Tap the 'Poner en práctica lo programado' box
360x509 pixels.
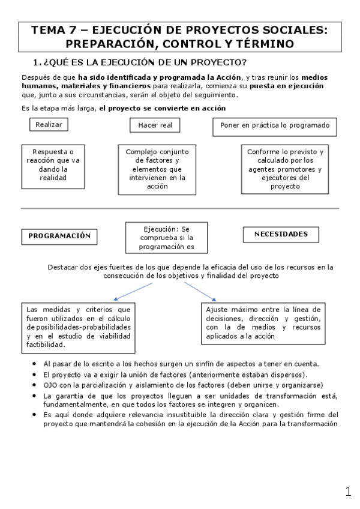click(x=274, y=125)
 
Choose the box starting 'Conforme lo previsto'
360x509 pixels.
click(x=285, y=169)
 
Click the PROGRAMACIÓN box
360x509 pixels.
click(x=59, y=236)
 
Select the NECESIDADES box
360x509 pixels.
click(x=280, y=235)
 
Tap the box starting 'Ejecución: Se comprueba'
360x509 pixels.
click(x=166, y=238)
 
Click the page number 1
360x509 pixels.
click(x=348, y=492)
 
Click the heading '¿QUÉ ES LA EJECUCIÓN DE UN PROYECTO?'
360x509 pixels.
click(x=145, y=63)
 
